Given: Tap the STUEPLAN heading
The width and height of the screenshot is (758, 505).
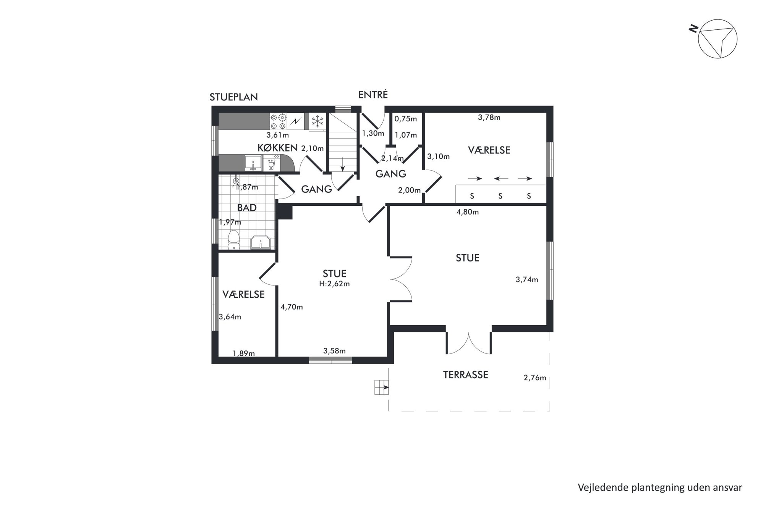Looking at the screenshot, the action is coord(234,97).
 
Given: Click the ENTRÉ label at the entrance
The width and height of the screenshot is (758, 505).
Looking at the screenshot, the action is coord(373,94).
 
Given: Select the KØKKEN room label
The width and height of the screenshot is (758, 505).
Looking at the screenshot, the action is coord(277,148).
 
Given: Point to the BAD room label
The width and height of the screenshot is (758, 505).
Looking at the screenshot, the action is coord(247,208).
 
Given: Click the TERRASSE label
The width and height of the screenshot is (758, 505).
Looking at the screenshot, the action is coord(465,375).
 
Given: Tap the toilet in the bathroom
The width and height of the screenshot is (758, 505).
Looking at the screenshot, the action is coord(233,240).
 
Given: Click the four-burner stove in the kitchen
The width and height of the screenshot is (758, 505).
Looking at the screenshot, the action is coord(278,122).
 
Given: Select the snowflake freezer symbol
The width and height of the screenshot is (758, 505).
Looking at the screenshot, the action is coord(317,122).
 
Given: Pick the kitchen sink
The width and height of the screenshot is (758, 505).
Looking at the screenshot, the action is coord(253,163).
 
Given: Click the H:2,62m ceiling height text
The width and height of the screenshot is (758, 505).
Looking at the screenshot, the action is coord(335,284).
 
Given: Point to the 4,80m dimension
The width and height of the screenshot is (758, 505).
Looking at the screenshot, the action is coord(468,212).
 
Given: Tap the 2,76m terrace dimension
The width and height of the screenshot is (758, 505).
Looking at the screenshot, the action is coord(534,378).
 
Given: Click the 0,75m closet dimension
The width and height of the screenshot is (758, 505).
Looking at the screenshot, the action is coord(406,119).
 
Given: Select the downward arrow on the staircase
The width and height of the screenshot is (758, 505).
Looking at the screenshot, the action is coord(343,164).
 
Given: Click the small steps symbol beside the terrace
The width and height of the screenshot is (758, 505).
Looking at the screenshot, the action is coord(382,387).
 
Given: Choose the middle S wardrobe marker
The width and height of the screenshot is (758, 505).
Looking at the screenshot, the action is coord(500,196).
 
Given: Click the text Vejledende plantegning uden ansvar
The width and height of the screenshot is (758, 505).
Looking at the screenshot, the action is coord(660,487).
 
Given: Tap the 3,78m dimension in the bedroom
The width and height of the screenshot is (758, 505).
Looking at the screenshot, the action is coord(489,118).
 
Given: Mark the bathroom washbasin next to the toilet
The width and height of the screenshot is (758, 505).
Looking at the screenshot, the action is coord(261,242).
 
